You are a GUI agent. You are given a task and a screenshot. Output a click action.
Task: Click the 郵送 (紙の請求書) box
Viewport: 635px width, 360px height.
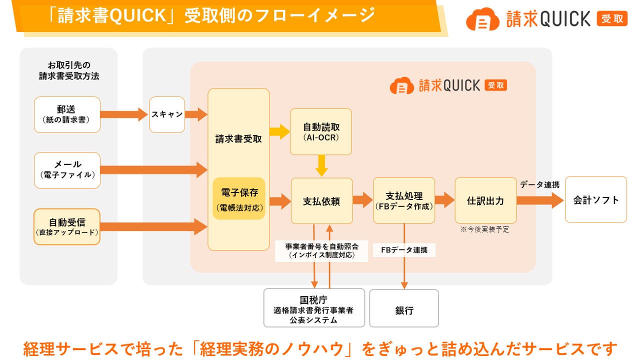click(67, 114)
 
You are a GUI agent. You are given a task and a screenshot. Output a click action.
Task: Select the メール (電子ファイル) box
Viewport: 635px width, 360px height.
click(67, 170)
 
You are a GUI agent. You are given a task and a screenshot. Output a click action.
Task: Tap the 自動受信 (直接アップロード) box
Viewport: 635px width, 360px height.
click(67, 226)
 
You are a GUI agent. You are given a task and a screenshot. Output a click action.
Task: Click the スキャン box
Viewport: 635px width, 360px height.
click(167, 114)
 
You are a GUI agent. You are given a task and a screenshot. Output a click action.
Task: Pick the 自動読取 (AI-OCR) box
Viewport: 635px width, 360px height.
click(321, 131)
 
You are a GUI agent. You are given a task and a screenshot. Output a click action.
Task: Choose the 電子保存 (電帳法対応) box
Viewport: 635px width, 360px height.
click(239, 198)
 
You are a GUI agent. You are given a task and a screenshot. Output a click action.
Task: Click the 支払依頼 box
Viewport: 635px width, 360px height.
click(321, 201)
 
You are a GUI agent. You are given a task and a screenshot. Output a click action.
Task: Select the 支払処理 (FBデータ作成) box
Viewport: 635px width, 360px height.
click(404, 200)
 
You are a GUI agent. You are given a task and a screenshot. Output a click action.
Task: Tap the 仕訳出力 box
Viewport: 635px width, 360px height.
click(485, 200)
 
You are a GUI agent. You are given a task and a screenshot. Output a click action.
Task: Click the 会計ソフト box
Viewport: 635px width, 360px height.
click(595, 199)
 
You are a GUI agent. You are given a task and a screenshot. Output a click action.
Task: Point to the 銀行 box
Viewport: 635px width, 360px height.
click(404, 308)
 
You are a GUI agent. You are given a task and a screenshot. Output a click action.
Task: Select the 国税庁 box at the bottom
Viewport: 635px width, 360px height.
click(313, 308)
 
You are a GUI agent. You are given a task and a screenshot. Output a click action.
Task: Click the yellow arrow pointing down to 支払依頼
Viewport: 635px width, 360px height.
click(321, 165)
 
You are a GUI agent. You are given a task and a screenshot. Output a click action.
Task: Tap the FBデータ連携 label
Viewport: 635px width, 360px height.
click(404, 250)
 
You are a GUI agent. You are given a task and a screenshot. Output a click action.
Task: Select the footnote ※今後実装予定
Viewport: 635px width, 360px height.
click(484, 230)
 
